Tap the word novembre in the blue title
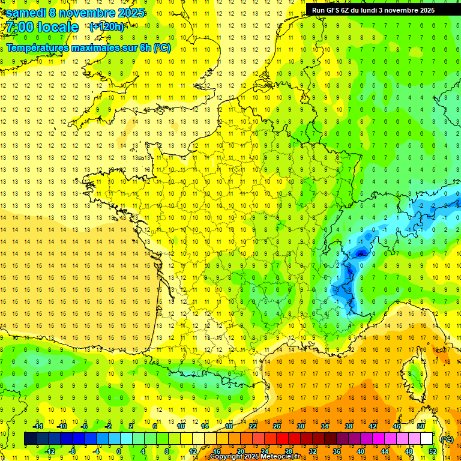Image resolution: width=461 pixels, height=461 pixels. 87,13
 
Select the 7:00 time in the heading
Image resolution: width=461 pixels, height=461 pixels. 22,27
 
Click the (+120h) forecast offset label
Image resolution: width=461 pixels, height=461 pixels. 107,27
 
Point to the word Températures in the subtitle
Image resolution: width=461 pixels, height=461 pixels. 37,48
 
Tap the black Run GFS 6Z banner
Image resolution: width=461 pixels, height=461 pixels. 378,10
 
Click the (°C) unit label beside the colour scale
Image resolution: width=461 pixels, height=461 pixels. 447,439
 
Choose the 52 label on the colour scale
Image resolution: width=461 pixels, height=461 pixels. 432,451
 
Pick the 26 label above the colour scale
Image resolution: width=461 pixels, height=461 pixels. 276,426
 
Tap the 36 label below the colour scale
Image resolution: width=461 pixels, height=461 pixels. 336,451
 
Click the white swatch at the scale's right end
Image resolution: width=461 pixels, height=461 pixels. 426,439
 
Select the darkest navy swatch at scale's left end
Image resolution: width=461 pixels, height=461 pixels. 30,439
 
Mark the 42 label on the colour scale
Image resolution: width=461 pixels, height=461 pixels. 372,426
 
